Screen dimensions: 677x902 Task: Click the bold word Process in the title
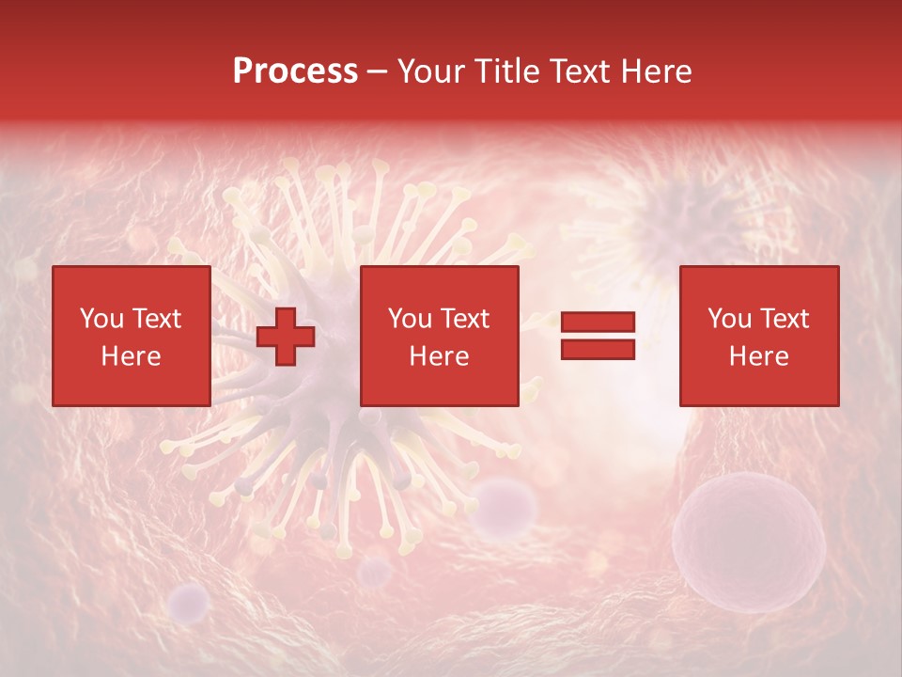pos(295,71)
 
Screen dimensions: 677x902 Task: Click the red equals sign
pos(598,336)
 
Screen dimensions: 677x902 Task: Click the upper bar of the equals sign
pos(598,323)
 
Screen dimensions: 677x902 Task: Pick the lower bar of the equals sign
pos(598,350)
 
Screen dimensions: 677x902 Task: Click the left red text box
pos(131,336)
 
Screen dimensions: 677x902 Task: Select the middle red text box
pos(439,336)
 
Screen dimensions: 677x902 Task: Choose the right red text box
pos(758,336)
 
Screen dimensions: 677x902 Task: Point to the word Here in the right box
pos(758,356)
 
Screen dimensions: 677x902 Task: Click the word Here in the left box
pos(131,356)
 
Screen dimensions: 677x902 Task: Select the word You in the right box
pos(729,319)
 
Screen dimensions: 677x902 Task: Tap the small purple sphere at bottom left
pos(190,601)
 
